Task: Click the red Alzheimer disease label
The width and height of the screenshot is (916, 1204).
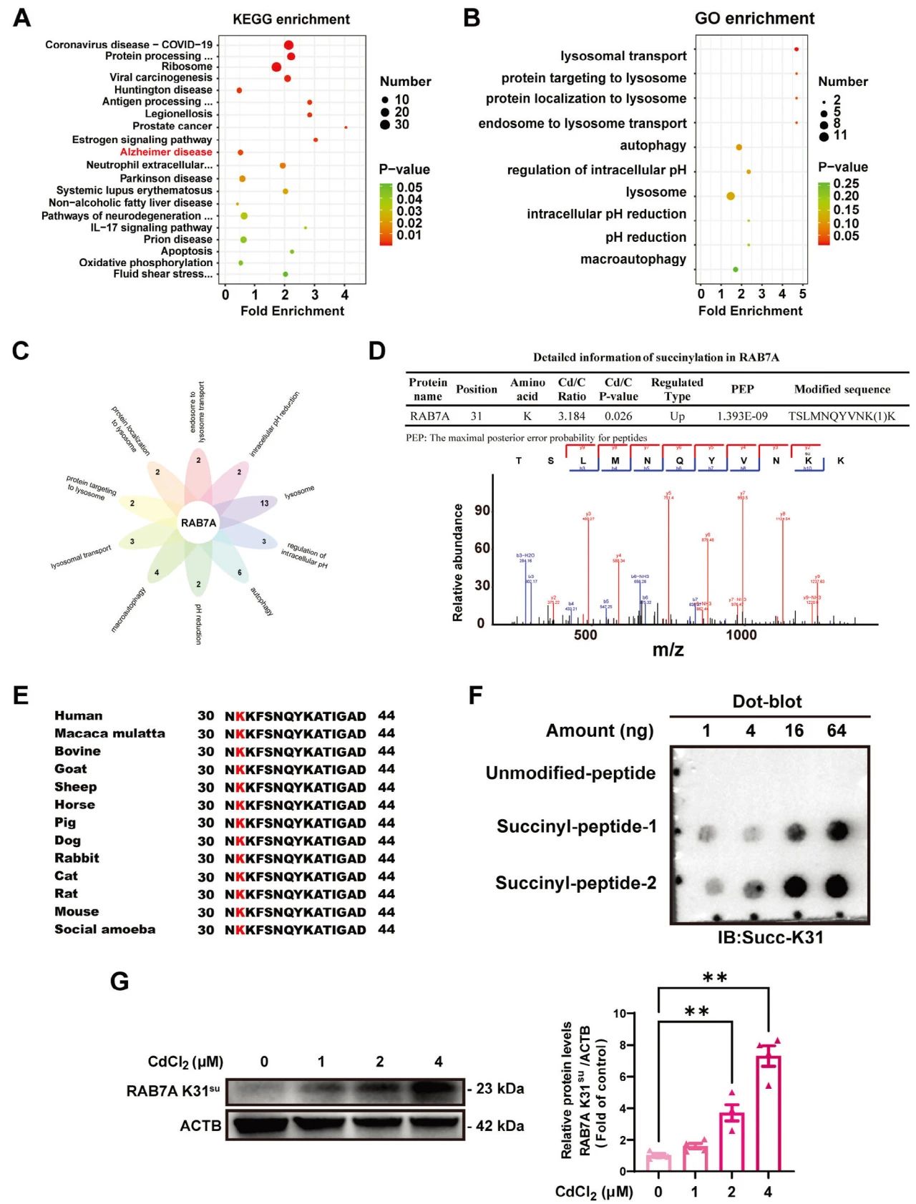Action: [x=166, y=152]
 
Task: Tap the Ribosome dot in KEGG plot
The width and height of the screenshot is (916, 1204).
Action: [x=276, y=67]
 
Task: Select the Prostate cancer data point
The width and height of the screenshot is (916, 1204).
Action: [x=346, y=127]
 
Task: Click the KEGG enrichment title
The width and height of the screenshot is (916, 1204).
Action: [x=291, y=19]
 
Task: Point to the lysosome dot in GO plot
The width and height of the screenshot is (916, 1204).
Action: [x=730, y=196]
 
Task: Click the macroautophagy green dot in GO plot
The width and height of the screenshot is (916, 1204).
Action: [x=735, y=270]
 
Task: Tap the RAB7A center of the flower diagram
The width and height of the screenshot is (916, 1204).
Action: [x=198, y=523]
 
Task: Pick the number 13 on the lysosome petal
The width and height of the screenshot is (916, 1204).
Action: [x=264, y=504]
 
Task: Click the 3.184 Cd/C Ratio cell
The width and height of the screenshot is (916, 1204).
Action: [x=572, y=416]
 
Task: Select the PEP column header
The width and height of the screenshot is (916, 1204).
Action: [x=742, y=389]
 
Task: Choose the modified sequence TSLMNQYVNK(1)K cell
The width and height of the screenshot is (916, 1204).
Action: [x=842, y=416]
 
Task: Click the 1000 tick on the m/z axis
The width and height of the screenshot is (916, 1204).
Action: [x=741, y=635]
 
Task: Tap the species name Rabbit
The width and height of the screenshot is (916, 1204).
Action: [x=77, y=858]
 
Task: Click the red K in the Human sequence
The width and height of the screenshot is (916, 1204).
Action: [x=240, y=716]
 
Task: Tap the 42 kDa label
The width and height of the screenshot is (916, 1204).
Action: [x=500, y=1126]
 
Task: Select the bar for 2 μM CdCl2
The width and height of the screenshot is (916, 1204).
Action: [x=731, y=1141]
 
